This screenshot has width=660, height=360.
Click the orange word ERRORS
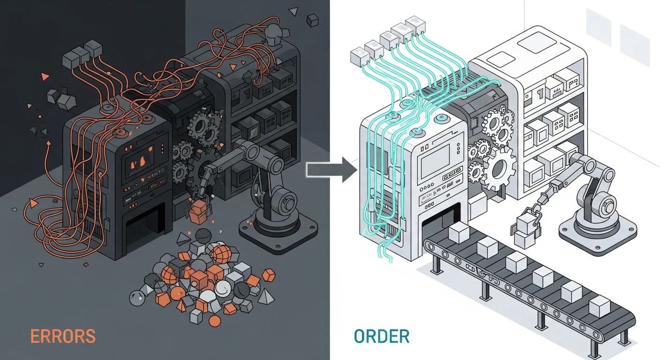coord(63,336)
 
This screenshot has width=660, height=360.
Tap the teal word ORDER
coord(382,336)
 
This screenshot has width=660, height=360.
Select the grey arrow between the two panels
coord(332,170)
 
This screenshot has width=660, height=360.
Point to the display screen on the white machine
coord(435,161)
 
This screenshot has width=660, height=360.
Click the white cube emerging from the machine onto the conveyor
coord(459,233)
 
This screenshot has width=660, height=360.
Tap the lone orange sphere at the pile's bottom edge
coord(215,321)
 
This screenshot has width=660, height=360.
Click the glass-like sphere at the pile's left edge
coord(137,298)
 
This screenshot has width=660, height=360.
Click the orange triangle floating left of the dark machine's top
coord(45,76)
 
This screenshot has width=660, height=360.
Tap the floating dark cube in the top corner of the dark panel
coord(312,20)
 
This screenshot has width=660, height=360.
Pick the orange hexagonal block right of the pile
coord(268,275)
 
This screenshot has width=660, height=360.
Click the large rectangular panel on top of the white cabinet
coord(536,45)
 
